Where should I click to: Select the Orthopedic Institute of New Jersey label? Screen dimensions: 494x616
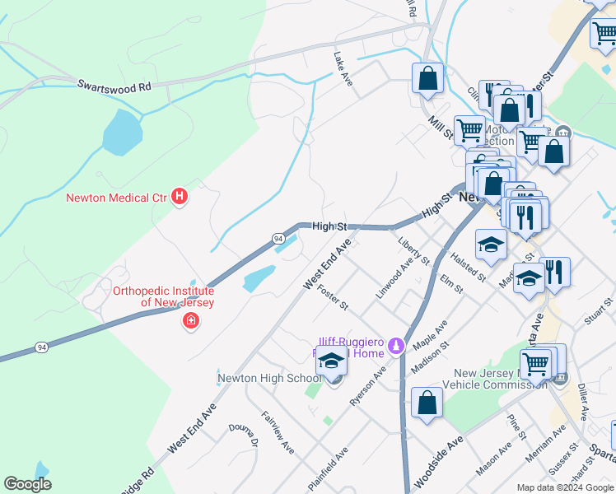[163, 297]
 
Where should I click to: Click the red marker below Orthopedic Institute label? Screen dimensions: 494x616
[191, 320]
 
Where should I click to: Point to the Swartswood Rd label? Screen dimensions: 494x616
[115, 86]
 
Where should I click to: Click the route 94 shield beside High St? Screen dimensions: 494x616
[278, 238]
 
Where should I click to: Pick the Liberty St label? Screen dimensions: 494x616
[413, 250]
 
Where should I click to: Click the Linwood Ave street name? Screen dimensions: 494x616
[394, 279]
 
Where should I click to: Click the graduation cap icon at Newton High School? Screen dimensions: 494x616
[332, 362]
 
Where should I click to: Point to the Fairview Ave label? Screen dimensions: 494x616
[278, 433]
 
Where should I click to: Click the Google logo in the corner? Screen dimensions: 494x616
[27, 484]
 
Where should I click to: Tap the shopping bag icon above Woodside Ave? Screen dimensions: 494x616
[427, 403]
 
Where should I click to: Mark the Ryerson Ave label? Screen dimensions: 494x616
[367, 385]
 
